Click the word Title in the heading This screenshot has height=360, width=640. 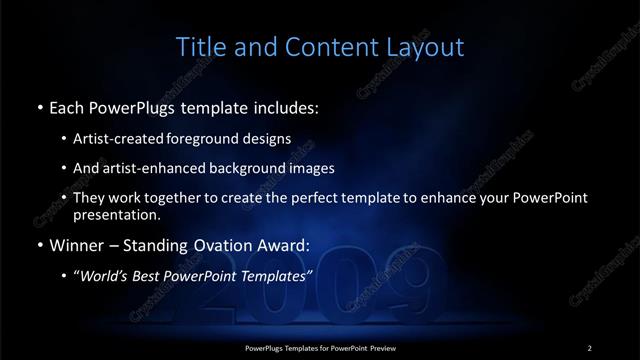(200, 47)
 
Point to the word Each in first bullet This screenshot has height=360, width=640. (67, 106)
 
